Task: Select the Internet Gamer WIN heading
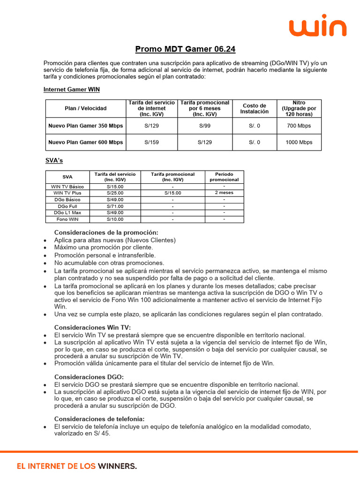click(71, 89)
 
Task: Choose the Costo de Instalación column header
click(255, 108)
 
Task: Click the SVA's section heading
click(53, 160)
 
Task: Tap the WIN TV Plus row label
click(67, 193)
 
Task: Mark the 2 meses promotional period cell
click(224, 193)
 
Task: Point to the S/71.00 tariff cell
click(115, 206)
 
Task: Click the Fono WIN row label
click(67, 219)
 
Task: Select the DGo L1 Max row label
click(67, 212)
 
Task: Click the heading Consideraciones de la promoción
click(106, 232)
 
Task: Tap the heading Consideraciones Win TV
click(93, 327)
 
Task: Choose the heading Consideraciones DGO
click(89, 376)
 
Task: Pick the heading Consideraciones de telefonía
click(99, 419)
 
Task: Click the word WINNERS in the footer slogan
click(117, 466)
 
